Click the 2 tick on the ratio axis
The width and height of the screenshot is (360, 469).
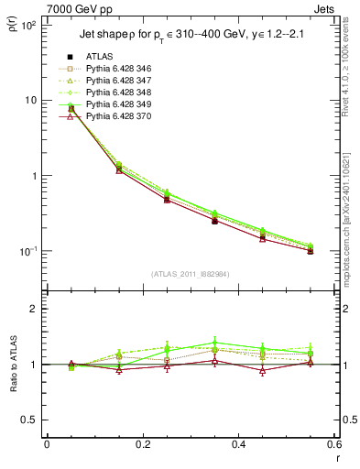pyautogui.click(x=33, y=309)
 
